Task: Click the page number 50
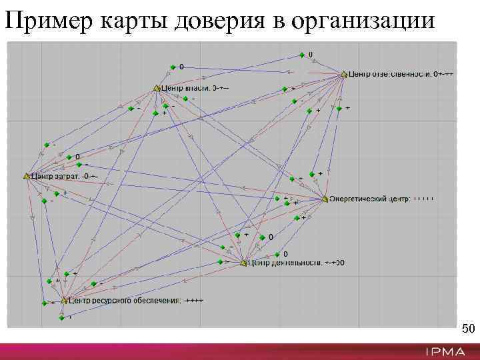tap(468, 329)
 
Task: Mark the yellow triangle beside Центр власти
tap(157, 87)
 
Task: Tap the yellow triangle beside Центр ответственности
tap(345, 74)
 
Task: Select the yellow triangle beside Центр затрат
tap(27, 176)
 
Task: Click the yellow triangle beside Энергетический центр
tap(325, 199)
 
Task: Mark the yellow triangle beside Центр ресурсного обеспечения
tap(65, 301)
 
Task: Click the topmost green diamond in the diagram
tap(302, 55)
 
